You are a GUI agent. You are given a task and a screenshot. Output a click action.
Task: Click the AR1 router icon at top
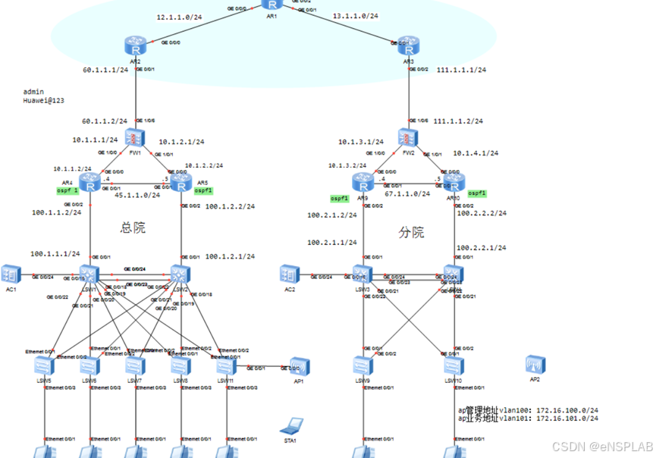coord(272,4)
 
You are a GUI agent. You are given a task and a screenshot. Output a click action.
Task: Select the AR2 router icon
coord(136,45)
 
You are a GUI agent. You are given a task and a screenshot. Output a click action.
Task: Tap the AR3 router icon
coord(409,45)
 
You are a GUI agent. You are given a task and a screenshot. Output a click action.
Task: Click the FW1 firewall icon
coord(136,139)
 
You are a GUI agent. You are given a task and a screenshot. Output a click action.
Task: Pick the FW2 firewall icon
coord(409,138)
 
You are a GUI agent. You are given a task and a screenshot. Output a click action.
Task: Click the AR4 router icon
coord(90,183)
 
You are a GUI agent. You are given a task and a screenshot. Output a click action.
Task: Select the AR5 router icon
coord(180,183)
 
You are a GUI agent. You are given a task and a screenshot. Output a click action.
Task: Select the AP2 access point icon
coord(535,365)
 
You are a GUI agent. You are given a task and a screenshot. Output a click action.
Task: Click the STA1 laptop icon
coord(290,425)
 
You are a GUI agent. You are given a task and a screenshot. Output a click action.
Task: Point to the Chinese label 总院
coord(133,227)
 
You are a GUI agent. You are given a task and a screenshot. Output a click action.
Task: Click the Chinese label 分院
coord(412,232)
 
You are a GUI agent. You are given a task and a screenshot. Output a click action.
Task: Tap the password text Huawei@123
coord(44,100)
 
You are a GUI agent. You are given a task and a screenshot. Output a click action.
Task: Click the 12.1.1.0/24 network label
coord(179,17)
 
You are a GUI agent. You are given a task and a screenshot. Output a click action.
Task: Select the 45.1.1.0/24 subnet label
coord(137,195)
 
